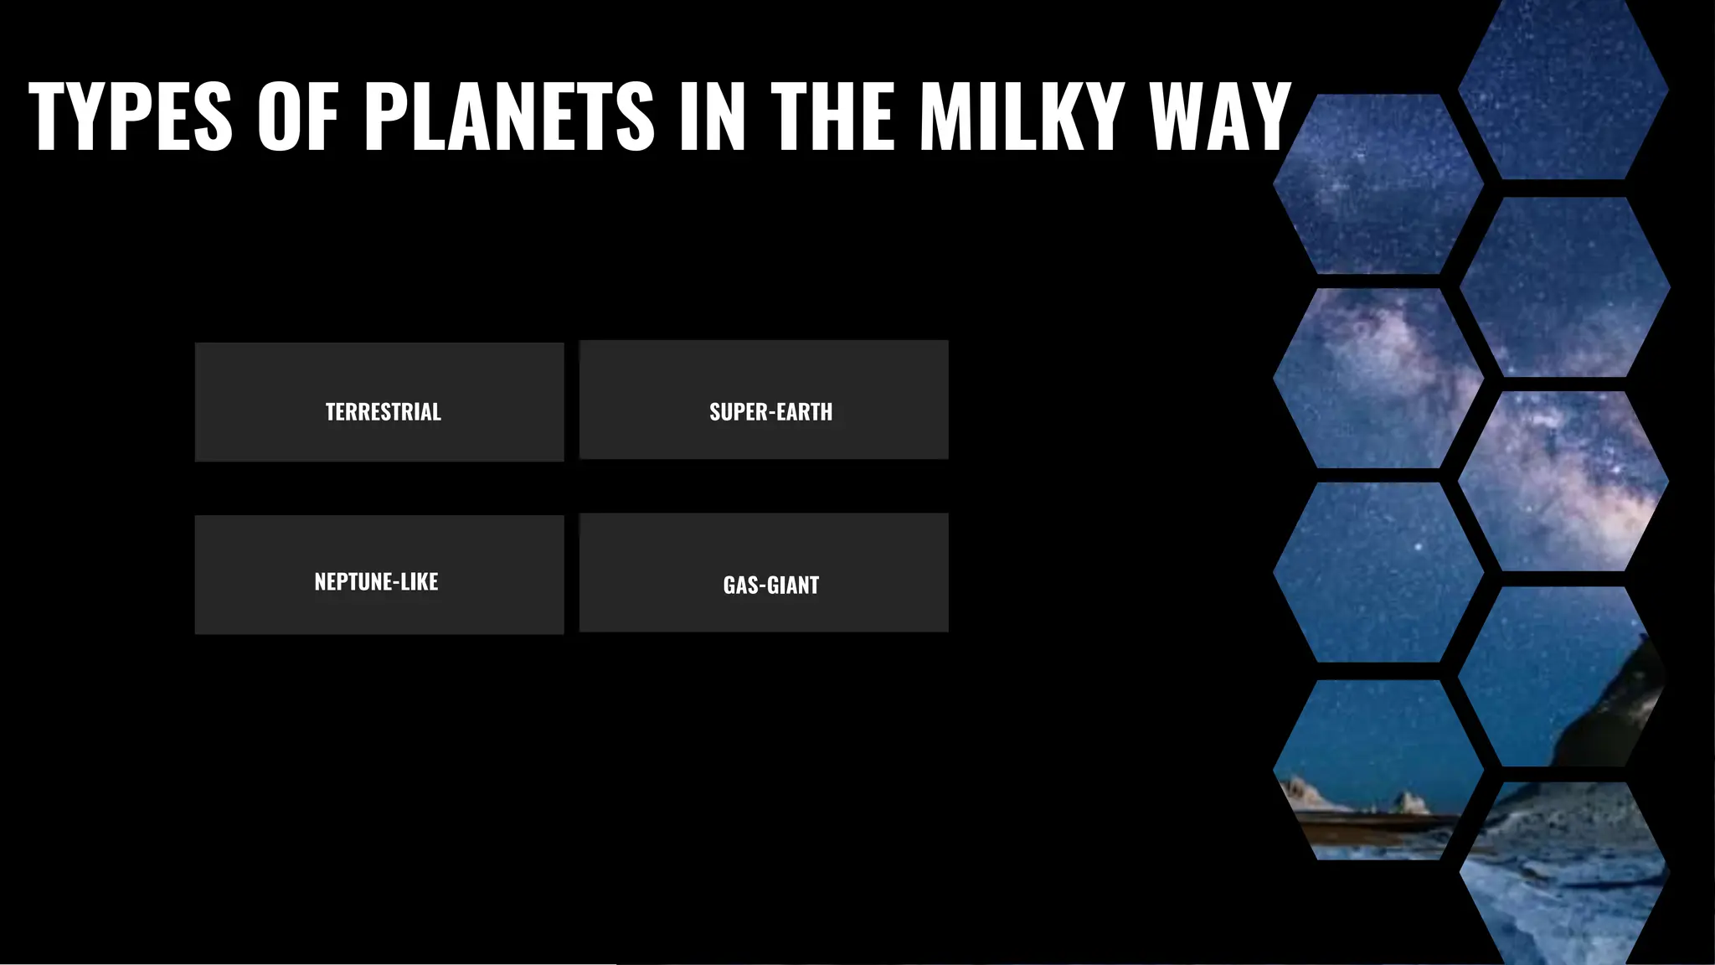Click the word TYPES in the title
click(x=130, y=116)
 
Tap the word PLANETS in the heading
click(x=509, y=116)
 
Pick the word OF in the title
click(x=297, y=116)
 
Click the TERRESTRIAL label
click(x=383, y=412)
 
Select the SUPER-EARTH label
click(x=770, y=412)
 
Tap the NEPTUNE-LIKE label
click(x=376, y=581)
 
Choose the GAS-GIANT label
click(x=770, y=585)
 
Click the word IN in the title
click(x=712, y=116)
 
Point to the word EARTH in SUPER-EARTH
click(x=805, y=412)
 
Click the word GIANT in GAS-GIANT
click(x=793, y=585)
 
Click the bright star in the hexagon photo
click(x=1419, y=547)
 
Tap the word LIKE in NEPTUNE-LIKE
click(x=419, y=581)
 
